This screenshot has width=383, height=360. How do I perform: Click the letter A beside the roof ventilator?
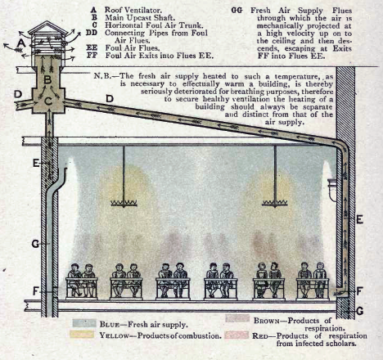[x=21, y=43]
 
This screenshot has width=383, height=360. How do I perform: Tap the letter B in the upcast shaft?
[x=47, y=80]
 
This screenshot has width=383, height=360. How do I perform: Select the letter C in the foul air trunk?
[x=48, y=101]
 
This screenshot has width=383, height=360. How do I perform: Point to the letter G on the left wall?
[x=35, y=244]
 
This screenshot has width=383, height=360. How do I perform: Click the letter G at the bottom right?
[x=360, y=311]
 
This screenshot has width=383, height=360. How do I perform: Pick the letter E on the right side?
[x=359, y=219]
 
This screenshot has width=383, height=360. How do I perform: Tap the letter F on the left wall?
[x=36, y=291]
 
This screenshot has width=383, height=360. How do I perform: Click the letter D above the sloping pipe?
[x=110, y=99]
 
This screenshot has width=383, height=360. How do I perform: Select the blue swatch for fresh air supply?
[x=84, y=323]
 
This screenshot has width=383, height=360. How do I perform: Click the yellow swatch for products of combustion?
[x=82, y=335]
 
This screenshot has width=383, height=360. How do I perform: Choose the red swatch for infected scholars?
[x=237, y=335]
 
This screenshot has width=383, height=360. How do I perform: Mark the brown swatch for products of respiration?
[x=237, y=318]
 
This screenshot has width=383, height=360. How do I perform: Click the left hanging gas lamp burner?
[x=124, y=203]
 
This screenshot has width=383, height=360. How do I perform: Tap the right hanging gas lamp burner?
[x=275, y=203]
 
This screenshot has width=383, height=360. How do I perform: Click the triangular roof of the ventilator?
[x=47, y=27]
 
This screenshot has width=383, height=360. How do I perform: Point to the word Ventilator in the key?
[x=143, y=11]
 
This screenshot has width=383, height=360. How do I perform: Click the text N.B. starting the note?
[x=102, y=75]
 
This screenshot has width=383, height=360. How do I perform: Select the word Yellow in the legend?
[x=114, y=335]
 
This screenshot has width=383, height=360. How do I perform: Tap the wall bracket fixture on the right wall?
[x=331, y=189]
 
